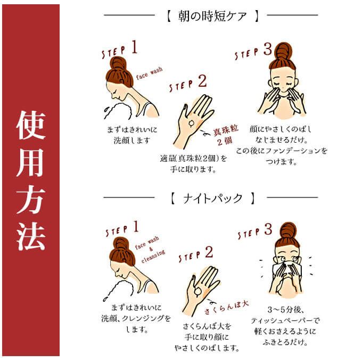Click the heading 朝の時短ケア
click(x=212, y=16)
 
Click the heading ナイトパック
click(x=212, y=199)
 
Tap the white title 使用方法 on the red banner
click(x=31, y=180)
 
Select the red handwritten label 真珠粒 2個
click(x=225, y=135)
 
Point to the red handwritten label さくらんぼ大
click(x=226, y=308)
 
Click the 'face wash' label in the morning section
click(x=149, y=73)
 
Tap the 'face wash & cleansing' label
click(x=151, y=250)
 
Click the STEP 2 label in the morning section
click(x=188, y=84)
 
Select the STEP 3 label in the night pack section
click(x=255, y=232)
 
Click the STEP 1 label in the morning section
click(x=120, y=49)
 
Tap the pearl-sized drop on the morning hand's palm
click(x=192, y=124)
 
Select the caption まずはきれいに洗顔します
click(x=132, y=135)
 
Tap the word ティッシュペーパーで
click(x=285, y=320)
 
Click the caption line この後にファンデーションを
click(x=282, y=151)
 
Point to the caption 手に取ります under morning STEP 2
click(x=193, y=170)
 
